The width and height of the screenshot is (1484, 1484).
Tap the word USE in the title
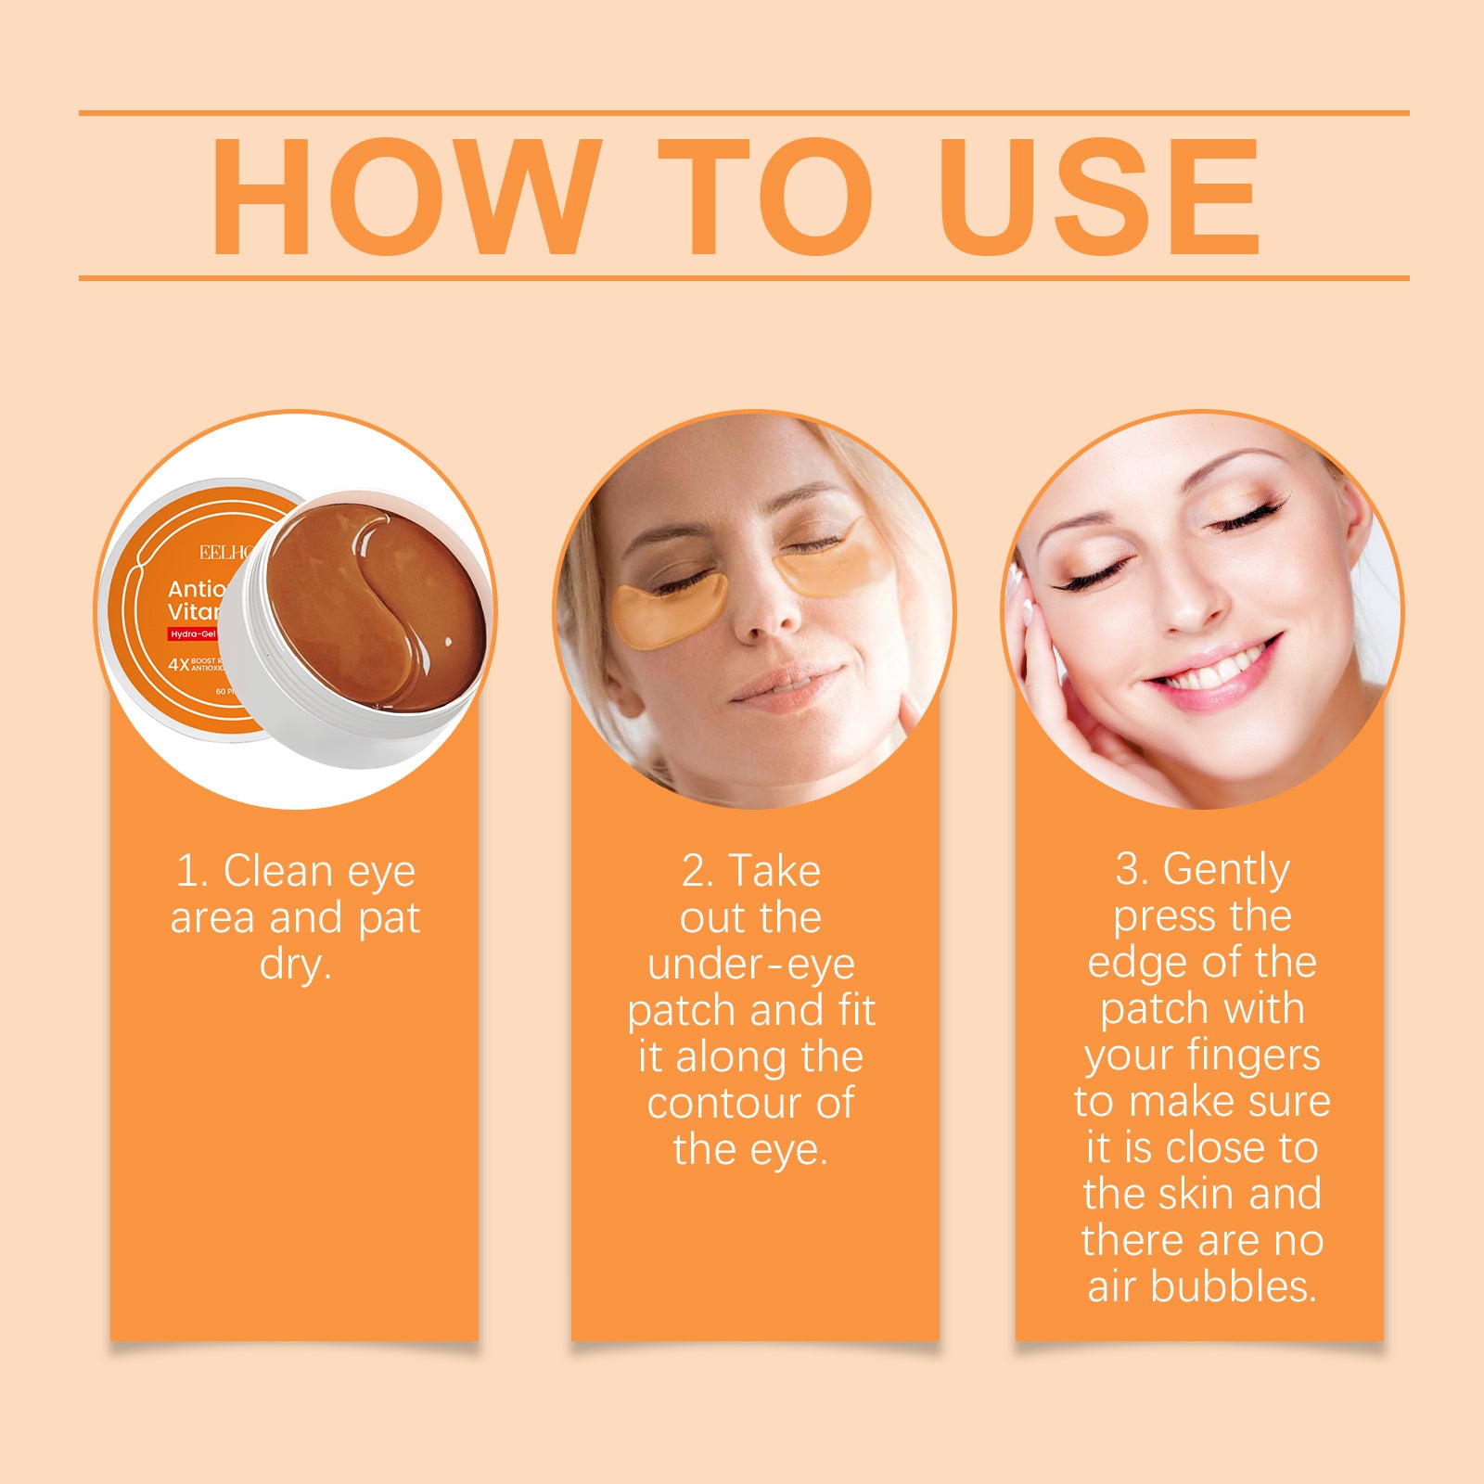tap(1098, 196)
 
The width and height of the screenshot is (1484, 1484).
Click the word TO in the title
tap(764, 196)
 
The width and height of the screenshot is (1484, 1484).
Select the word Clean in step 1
tap(278, 872)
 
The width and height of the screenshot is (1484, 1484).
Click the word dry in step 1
tap(294, 965)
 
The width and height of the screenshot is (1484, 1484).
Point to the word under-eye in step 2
tap(750, 965)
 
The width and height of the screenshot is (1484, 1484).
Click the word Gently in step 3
tap(1225, 870)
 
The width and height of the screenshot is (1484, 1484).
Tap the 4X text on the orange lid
tap(178, 664)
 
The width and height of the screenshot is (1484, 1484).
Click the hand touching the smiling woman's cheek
tap(1048, 668)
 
